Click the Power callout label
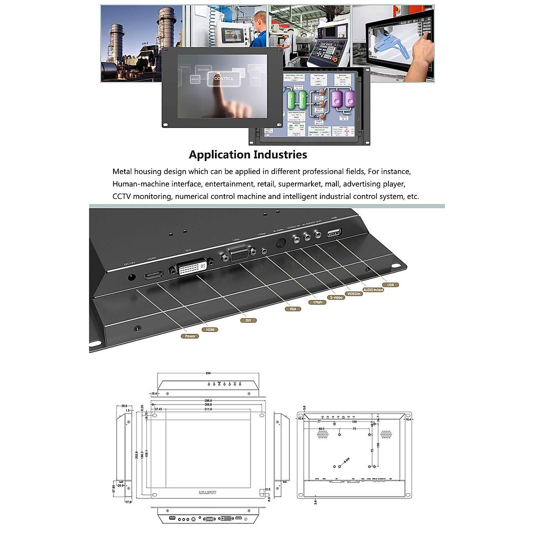190,336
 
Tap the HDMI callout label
210,330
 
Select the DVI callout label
248,320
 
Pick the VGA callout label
293,309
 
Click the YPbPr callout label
317,303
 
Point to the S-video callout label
336,297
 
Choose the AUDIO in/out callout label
373,290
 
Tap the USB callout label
390,285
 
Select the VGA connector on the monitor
239,255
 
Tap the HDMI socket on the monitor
154,275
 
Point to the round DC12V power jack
132,278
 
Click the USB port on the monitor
334,233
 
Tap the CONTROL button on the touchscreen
224,79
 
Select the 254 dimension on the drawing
208,373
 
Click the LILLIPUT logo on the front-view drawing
208,493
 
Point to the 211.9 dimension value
208,409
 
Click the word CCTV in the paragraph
121,196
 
